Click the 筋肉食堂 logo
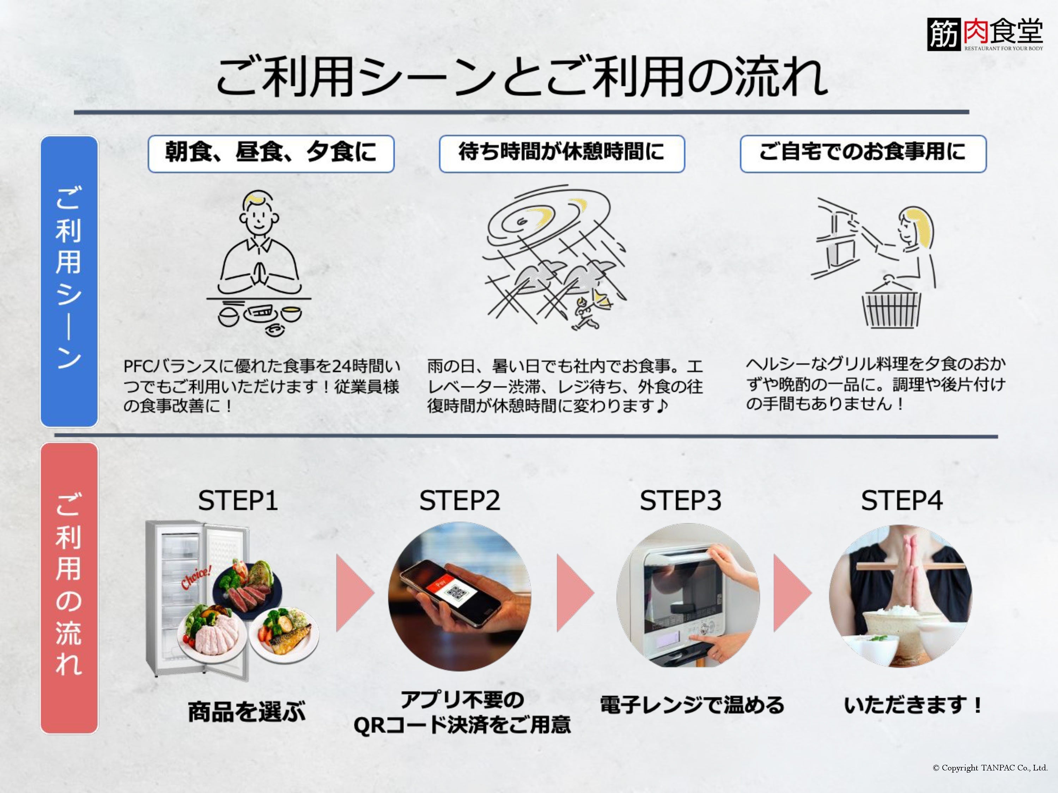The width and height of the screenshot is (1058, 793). tap(985, 35)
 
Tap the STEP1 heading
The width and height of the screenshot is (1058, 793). tap(238, 501)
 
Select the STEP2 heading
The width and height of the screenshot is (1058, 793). tap(459, 501)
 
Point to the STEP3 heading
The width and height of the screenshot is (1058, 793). tap(680, 501)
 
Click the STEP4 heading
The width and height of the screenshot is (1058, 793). tap(902, 501)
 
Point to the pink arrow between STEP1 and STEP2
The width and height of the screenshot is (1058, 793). tap(354, 593)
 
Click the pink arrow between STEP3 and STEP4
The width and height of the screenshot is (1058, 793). tap(792, 593)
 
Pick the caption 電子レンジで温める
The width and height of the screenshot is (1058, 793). tap(692, 705)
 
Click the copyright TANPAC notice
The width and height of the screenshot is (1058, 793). tap(990, 768)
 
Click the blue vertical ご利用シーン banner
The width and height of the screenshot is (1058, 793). tap(69, 281)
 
